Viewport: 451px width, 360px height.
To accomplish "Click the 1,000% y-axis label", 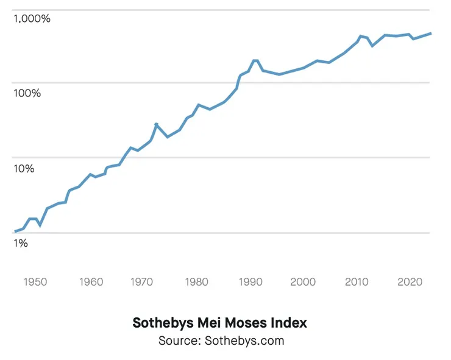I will click(x=32, y=18).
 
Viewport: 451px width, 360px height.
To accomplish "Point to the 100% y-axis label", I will click(x=27, y=93).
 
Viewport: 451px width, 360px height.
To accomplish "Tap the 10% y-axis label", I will click(x=24, y=168).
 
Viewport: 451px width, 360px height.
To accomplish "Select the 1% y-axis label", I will click(x=20, y=243).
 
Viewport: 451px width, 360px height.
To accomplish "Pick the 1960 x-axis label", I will click(x=91, y=282).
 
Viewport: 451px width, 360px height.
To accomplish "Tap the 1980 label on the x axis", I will click(x=195, y=282).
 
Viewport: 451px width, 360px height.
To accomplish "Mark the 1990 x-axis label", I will click(x=249, y=282).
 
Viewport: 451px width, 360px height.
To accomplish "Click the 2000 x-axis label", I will click(x=303, y=282).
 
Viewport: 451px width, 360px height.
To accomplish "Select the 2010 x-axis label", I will click(x=356, y=282).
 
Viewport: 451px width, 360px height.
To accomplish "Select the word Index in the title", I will click(x=289, y=323).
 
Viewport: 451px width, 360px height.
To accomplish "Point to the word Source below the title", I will click(x=177, y=341).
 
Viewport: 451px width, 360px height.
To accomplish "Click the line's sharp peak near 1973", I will click(x=157, y=124).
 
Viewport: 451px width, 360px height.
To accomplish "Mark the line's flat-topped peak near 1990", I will click(x=255, y=61).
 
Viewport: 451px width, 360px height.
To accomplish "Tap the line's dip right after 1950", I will click(x=40, y=225).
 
